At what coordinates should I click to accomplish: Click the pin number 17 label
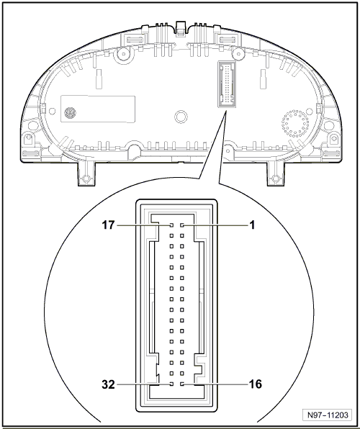(108, 225)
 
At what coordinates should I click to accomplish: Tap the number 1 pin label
(252, 225)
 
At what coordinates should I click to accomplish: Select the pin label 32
(109, 384)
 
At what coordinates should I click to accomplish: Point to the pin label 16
(255, 384)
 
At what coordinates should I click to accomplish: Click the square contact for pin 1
(182, 225)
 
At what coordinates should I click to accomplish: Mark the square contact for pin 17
(171, 225)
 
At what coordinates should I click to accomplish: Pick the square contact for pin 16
(182, 384)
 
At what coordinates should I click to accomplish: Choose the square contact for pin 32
(171, 384)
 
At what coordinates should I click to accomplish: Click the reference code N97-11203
(328, 415)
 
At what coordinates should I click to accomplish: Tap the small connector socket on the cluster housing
(227, 84)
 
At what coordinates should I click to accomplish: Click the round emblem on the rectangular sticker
(70, 112)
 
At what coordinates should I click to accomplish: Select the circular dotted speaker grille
(295, 124)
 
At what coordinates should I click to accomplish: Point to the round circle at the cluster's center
(181, 117)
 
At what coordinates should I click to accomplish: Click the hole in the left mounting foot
(86, 179)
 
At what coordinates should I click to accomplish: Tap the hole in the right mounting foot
(276, 179)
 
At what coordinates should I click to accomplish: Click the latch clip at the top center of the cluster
(181, 29)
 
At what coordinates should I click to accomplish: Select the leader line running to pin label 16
(216, 384)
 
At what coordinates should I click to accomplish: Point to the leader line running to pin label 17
(143, 225)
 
